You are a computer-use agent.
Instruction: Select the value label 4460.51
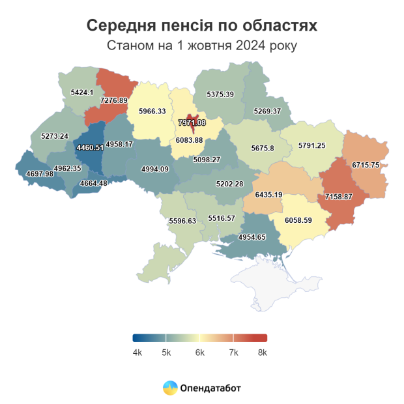(90, 148)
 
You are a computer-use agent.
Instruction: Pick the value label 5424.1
(81, 93)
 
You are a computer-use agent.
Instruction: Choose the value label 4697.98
(40, 173)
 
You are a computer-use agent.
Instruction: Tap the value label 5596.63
(182, 221)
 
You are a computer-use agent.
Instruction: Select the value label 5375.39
(220, 94)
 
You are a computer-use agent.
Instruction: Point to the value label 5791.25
(311, 145)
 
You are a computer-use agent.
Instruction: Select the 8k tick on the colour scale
(262, 353)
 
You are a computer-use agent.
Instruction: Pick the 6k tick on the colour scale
(199, 353)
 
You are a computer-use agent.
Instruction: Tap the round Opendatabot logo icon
(169, 388)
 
